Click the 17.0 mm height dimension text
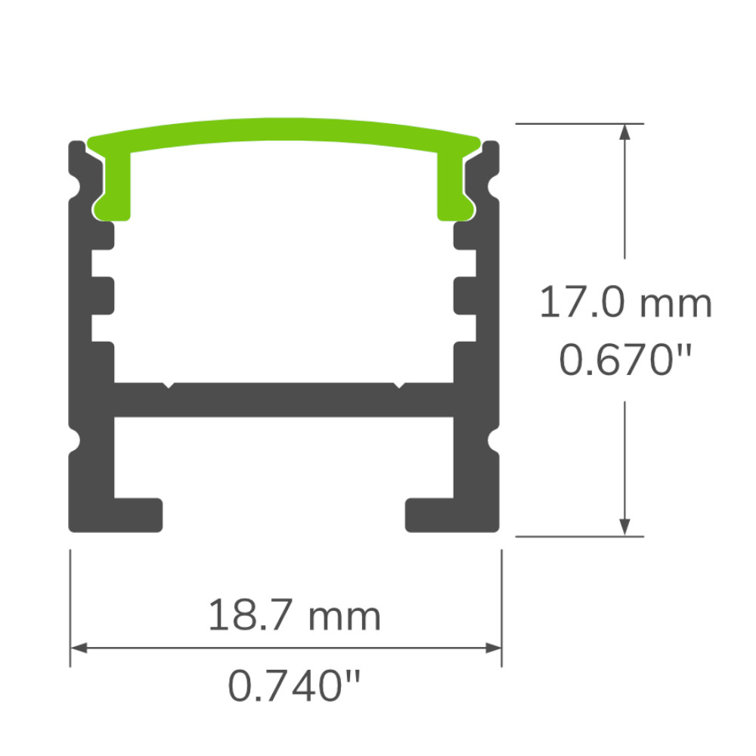(625, 304)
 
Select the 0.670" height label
(625, 360)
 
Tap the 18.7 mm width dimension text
(293, 616)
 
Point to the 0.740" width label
(293, 686)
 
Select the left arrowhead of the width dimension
(78, 648)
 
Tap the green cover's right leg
(453, 185)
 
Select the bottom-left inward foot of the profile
(140, 514)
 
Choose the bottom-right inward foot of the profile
(429, 514)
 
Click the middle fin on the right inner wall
(466, 296)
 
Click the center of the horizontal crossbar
(284, 399)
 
